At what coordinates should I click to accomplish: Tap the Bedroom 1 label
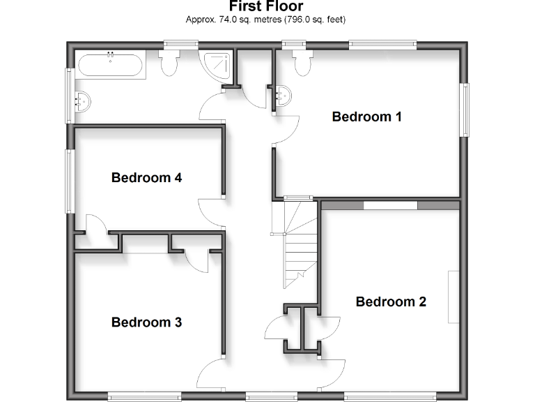coord(366,117)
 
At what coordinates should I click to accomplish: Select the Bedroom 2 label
coord(391,302)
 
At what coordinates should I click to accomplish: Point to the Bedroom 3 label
coord(146,322)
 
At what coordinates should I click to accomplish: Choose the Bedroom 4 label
coord(146,178)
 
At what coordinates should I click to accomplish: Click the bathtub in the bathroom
coord(111,66)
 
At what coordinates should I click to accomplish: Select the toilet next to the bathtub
coord(169,64)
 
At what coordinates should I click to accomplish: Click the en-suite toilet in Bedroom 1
coord(302,62)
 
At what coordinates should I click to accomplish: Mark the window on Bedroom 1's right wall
coord(464,110)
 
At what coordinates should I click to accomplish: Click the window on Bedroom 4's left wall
coord(69,181)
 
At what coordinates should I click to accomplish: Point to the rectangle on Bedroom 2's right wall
coord(453,297)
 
